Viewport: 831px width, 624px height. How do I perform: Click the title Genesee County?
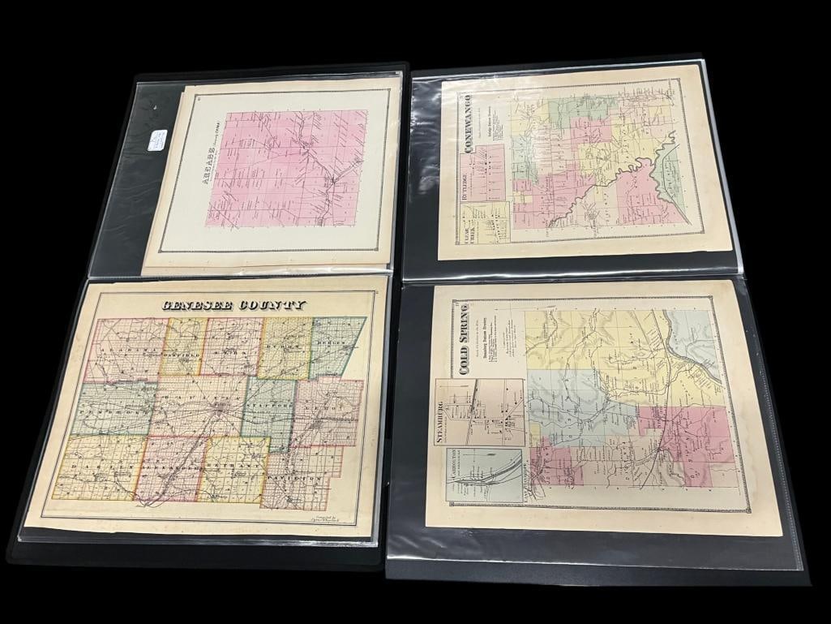pos(233,305)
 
